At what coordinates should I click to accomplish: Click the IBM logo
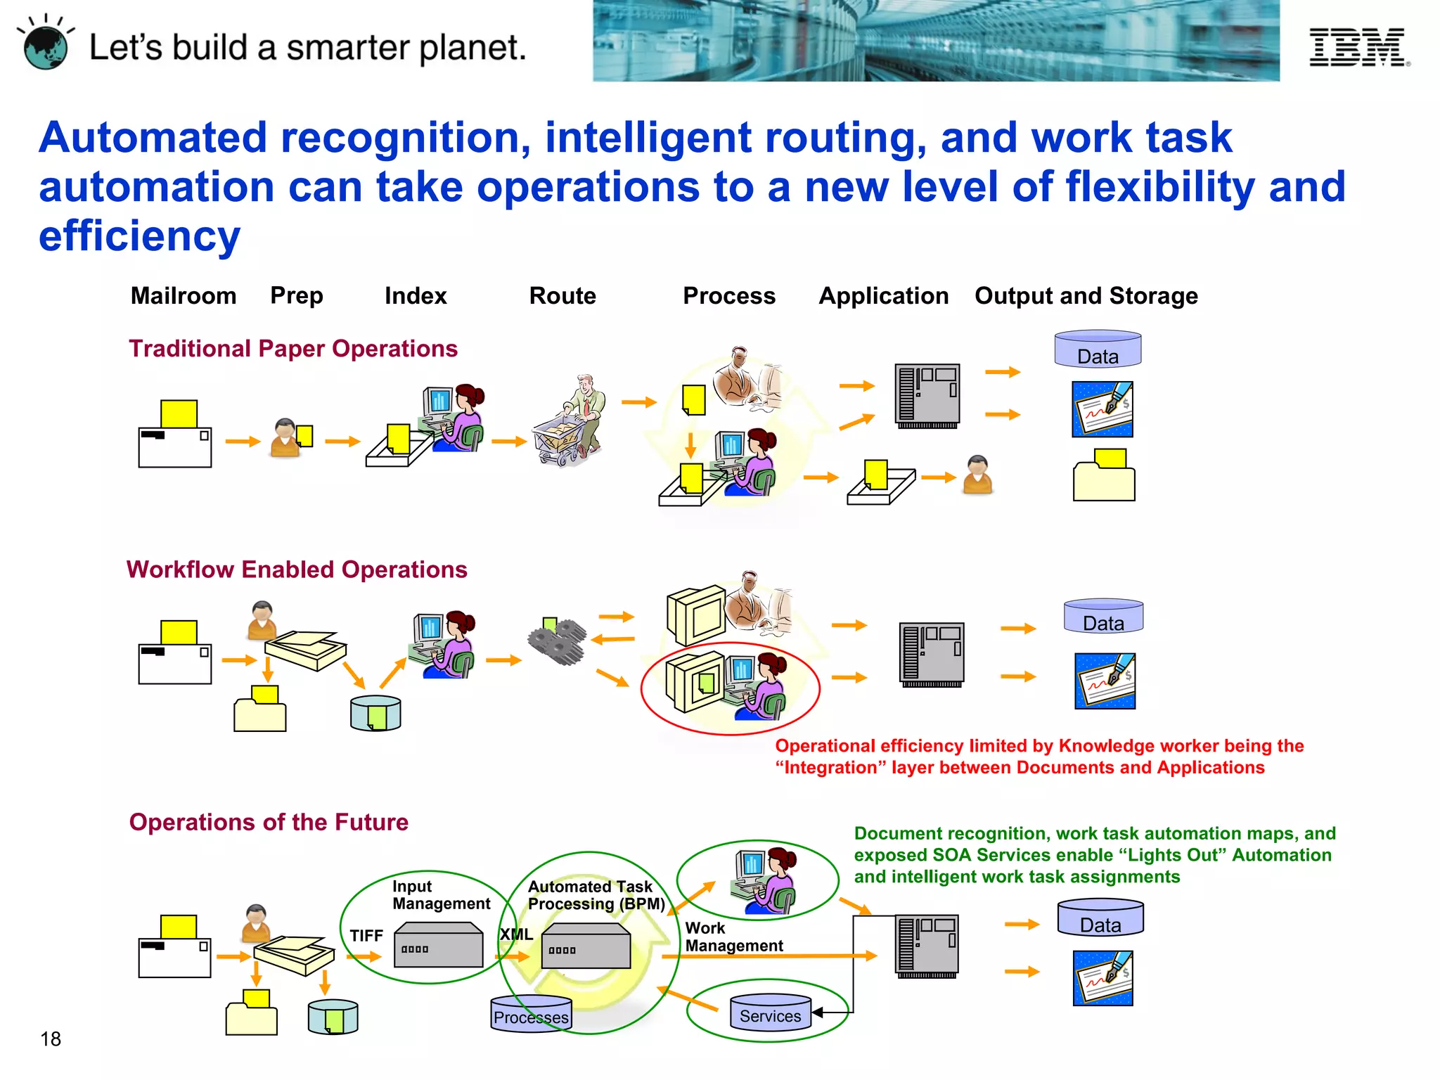[x=1358, y=47]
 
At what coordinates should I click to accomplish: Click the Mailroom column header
[x=184, y=296]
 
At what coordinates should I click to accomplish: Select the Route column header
[x=562, y=296]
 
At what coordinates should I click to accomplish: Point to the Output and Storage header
[x=1086, y=296]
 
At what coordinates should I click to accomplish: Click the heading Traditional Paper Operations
[x=293, y=349]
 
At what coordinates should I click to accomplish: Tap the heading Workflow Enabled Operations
[x=297, y=570]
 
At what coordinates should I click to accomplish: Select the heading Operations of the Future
[x=269, y=822]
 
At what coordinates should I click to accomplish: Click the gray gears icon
[x=558, y=641]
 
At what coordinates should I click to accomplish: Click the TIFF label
[x=366, y=936]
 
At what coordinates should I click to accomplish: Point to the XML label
[x=516, y=934]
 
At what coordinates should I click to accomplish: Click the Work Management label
[x=733, y=937]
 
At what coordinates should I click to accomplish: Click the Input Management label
[x=441, y=895]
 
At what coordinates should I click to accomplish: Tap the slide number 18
[x=51, y=1039]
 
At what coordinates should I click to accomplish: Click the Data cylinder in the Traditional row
[x=1098, y=349]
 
